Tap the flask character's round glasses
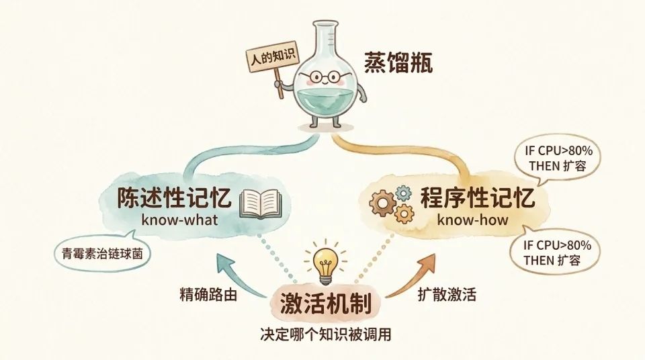click(x=325, y=77)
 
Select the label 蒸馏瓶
click(x=398, y=64)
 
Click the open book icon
click(x=261, y=204)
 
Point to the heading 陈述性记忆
click(x=174, y=197)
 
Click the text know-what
click(x=179, y=220)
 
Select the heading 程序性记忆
click(x=477, y=197)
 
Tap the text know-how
click(x=472, y=220)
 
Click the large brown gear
click(x=382, y=203)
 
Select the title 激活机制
click(x=326, y=303)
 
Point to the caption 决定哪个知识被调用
click(x=325, y=334)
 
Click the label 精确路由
click(x=208, y=295)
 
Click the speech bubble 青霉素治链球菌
click(x=102, y=253)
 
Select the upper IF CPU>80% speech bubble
click(x=558, y=159)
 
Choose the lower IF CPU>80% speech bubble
click(x=554, y=253)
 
